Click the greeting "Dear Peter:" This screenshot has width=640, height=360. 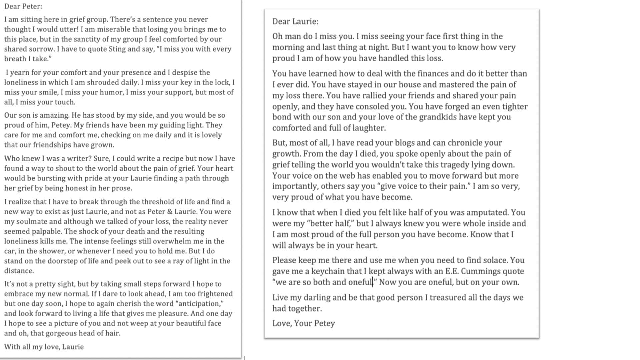(x=23, y=6)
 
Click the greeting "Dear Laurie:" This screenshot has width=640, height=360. (x=295, y=22)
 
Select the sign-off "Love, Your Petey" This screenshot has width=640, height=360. (x=303, y=323)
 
